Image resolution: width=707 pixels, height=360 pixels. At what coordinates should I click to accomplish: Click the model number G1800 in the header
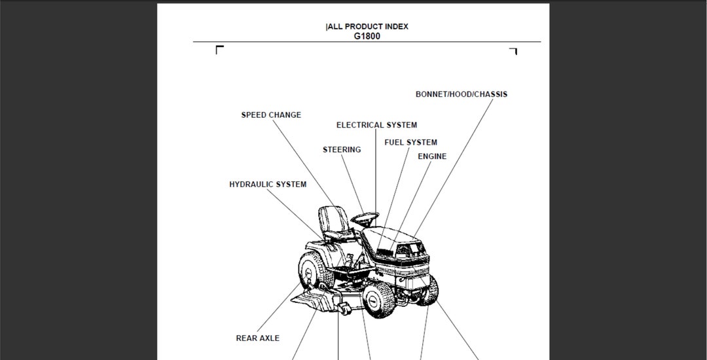(367, 37)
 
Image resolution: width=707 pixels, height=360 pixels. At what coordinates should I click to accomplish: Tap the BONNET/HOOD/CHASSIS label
(461, 94)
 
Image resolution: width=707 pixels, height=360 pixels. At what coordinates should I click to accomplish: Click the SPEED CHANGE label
(271, 115)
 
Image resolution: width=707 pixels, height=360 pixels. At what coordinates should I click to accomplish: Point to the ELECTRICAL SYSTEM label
(376, 125)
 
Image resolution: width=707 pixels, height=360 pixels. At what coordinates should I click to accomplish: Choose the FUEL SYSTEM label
(410, 143)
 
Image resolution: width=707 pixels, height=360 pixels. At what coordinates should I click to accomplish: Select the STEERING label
(342, 150)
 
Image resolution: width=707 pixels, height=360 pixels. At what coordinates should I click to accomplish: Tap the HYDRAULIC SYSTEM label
(268, 185)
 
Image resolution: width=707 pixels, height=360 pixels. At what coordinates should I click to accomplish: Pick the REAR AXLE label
(257, 338)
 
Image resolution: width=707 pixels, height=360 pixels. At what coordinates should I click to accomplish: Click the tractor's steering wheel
(365, 216)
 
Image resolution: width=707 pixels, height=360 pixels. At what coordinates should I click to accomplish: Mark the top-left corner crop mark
(219, 50)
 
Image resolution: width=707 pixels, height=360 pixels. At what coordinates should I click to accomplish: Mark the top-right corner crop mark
(513, 51)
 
